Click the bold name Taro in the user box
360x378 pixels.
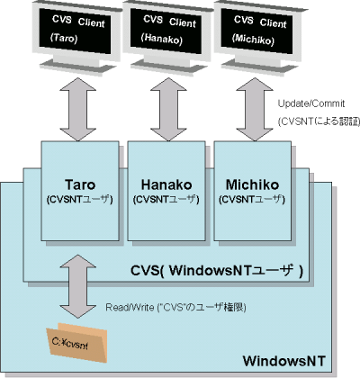[81, 184]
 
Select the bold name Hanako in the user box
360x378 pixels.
[166, 184]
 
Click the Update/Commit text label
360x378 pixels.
[309, 105]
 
